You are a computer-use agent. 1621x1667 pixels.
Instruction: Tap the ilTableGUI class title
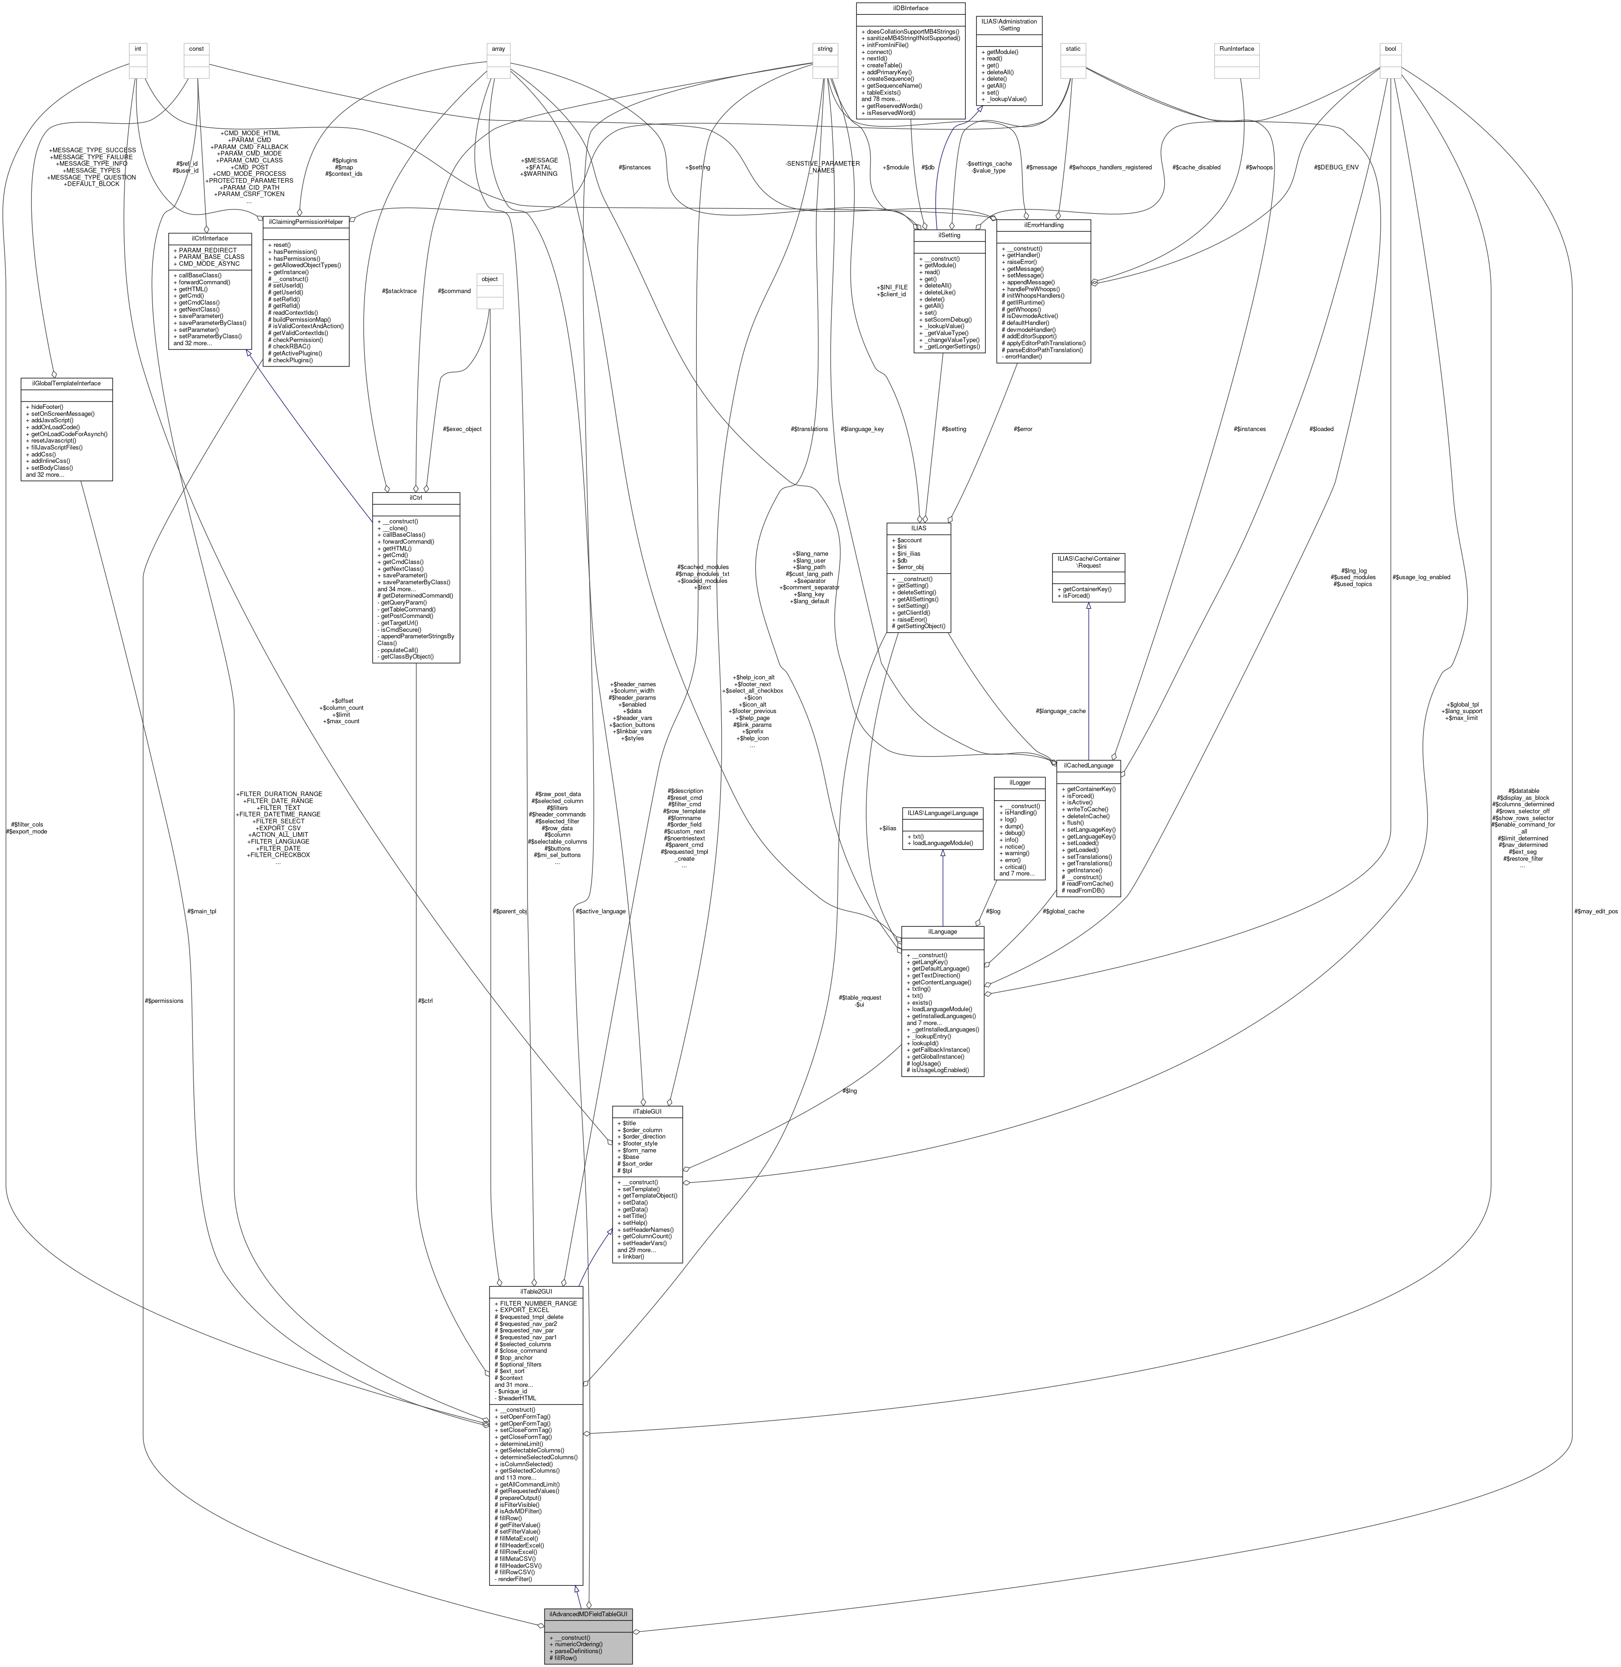pos(647,1111)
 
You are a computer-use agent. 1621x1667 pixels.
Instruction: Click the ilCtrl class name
pos(415,497)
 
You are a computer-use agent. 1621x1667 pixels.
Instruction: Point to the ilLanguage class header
pos(942,931)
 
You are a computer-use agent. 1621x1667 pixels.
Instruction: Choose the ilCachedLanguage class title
pos(1088,765)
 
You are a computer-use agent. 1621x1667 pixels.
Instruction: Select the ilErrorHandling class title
pos(1043,225)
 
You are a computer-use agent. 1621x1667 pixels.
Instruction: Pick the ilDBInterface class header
pos(910,8)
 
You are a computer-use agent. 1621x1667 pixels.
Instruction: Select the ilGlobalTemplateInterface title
pos(66,383)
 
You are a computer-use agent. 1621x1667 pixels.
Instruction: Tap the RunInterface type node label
pos(1236,48)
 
